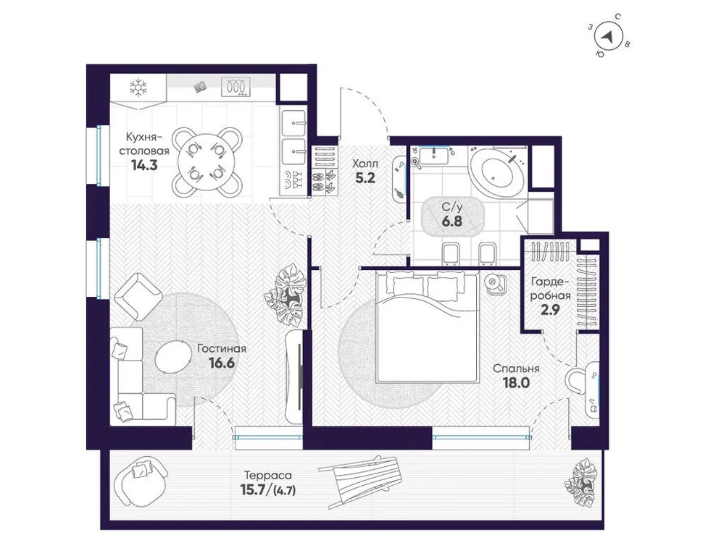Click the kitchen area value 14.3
143,164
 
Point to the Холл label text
365,164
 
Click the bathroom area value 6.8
452,222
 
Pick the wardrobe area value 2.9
551,311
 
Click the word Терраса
267,476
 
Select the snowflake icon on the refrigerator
138,89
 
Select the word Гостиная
222,348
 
